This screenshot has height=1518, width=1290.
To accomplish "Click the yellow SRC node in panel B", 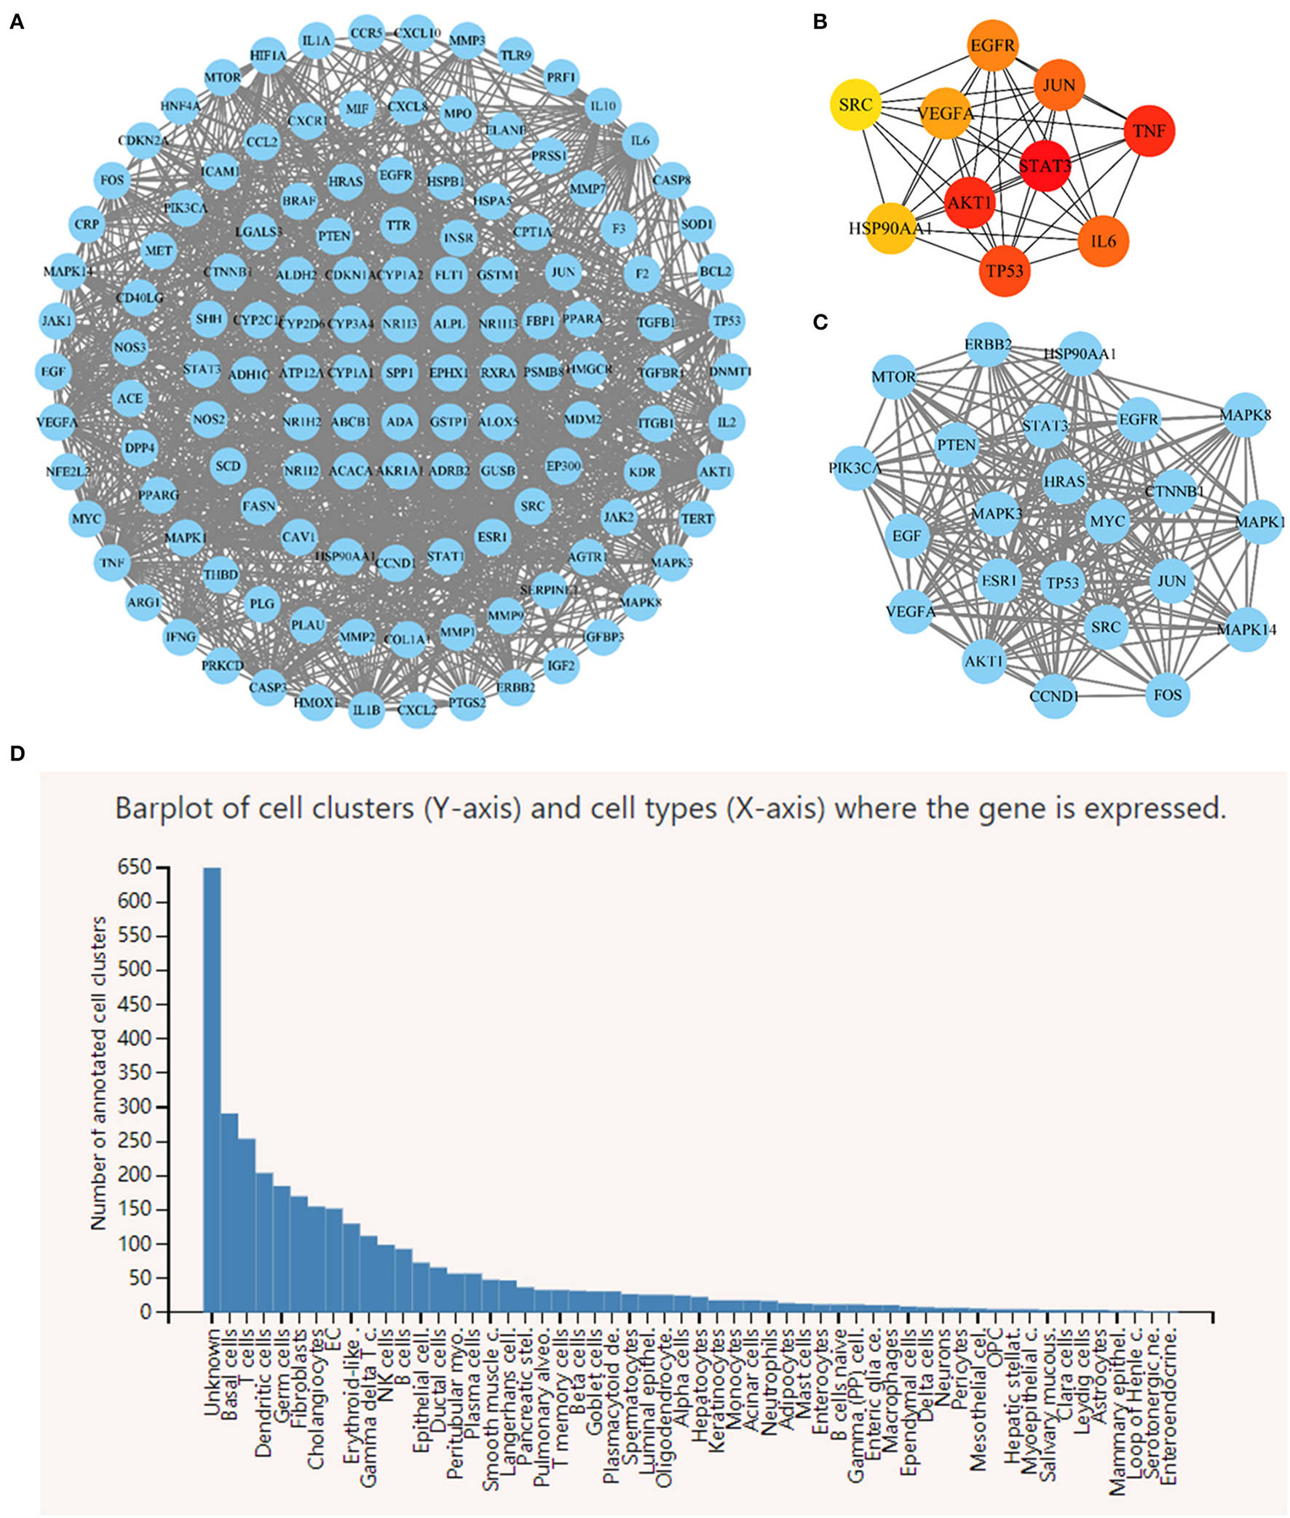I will (855, 106).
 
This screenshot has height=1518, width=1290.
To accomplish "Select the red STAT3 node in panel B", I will (1044, 166).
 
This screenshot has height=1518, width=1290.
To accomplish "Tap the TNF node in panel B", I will (1149, 131).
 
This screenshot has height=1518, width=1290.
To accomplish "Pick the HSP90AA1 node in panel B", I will (891, 229).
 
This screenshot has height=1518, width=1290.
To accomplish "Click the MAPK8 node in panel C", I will (1245, 414).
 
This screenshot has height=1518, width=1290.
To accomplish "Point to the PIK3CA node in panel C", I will (855, 467).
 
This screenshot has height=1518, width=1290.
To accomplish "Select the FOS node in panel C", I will (1167, 694).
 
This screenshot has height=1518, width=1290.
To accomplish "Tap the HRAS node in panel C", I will (1064, 482).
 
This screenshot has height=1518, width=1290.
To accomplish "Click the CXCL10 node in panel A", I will (418, 33).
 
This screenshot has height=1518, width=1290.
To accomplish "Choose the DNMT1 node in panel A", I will (729, 371).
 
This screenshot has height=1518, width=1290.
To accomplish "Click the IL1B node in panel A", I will (366, 709).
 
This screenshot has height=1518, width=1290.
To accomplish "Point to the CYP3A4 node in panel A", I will (350, 323).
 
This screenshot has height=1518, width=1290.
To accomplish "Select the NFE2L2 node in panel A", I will (68, 472).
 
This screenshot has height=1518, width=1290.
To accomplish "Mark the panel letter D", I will (17, 754).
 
